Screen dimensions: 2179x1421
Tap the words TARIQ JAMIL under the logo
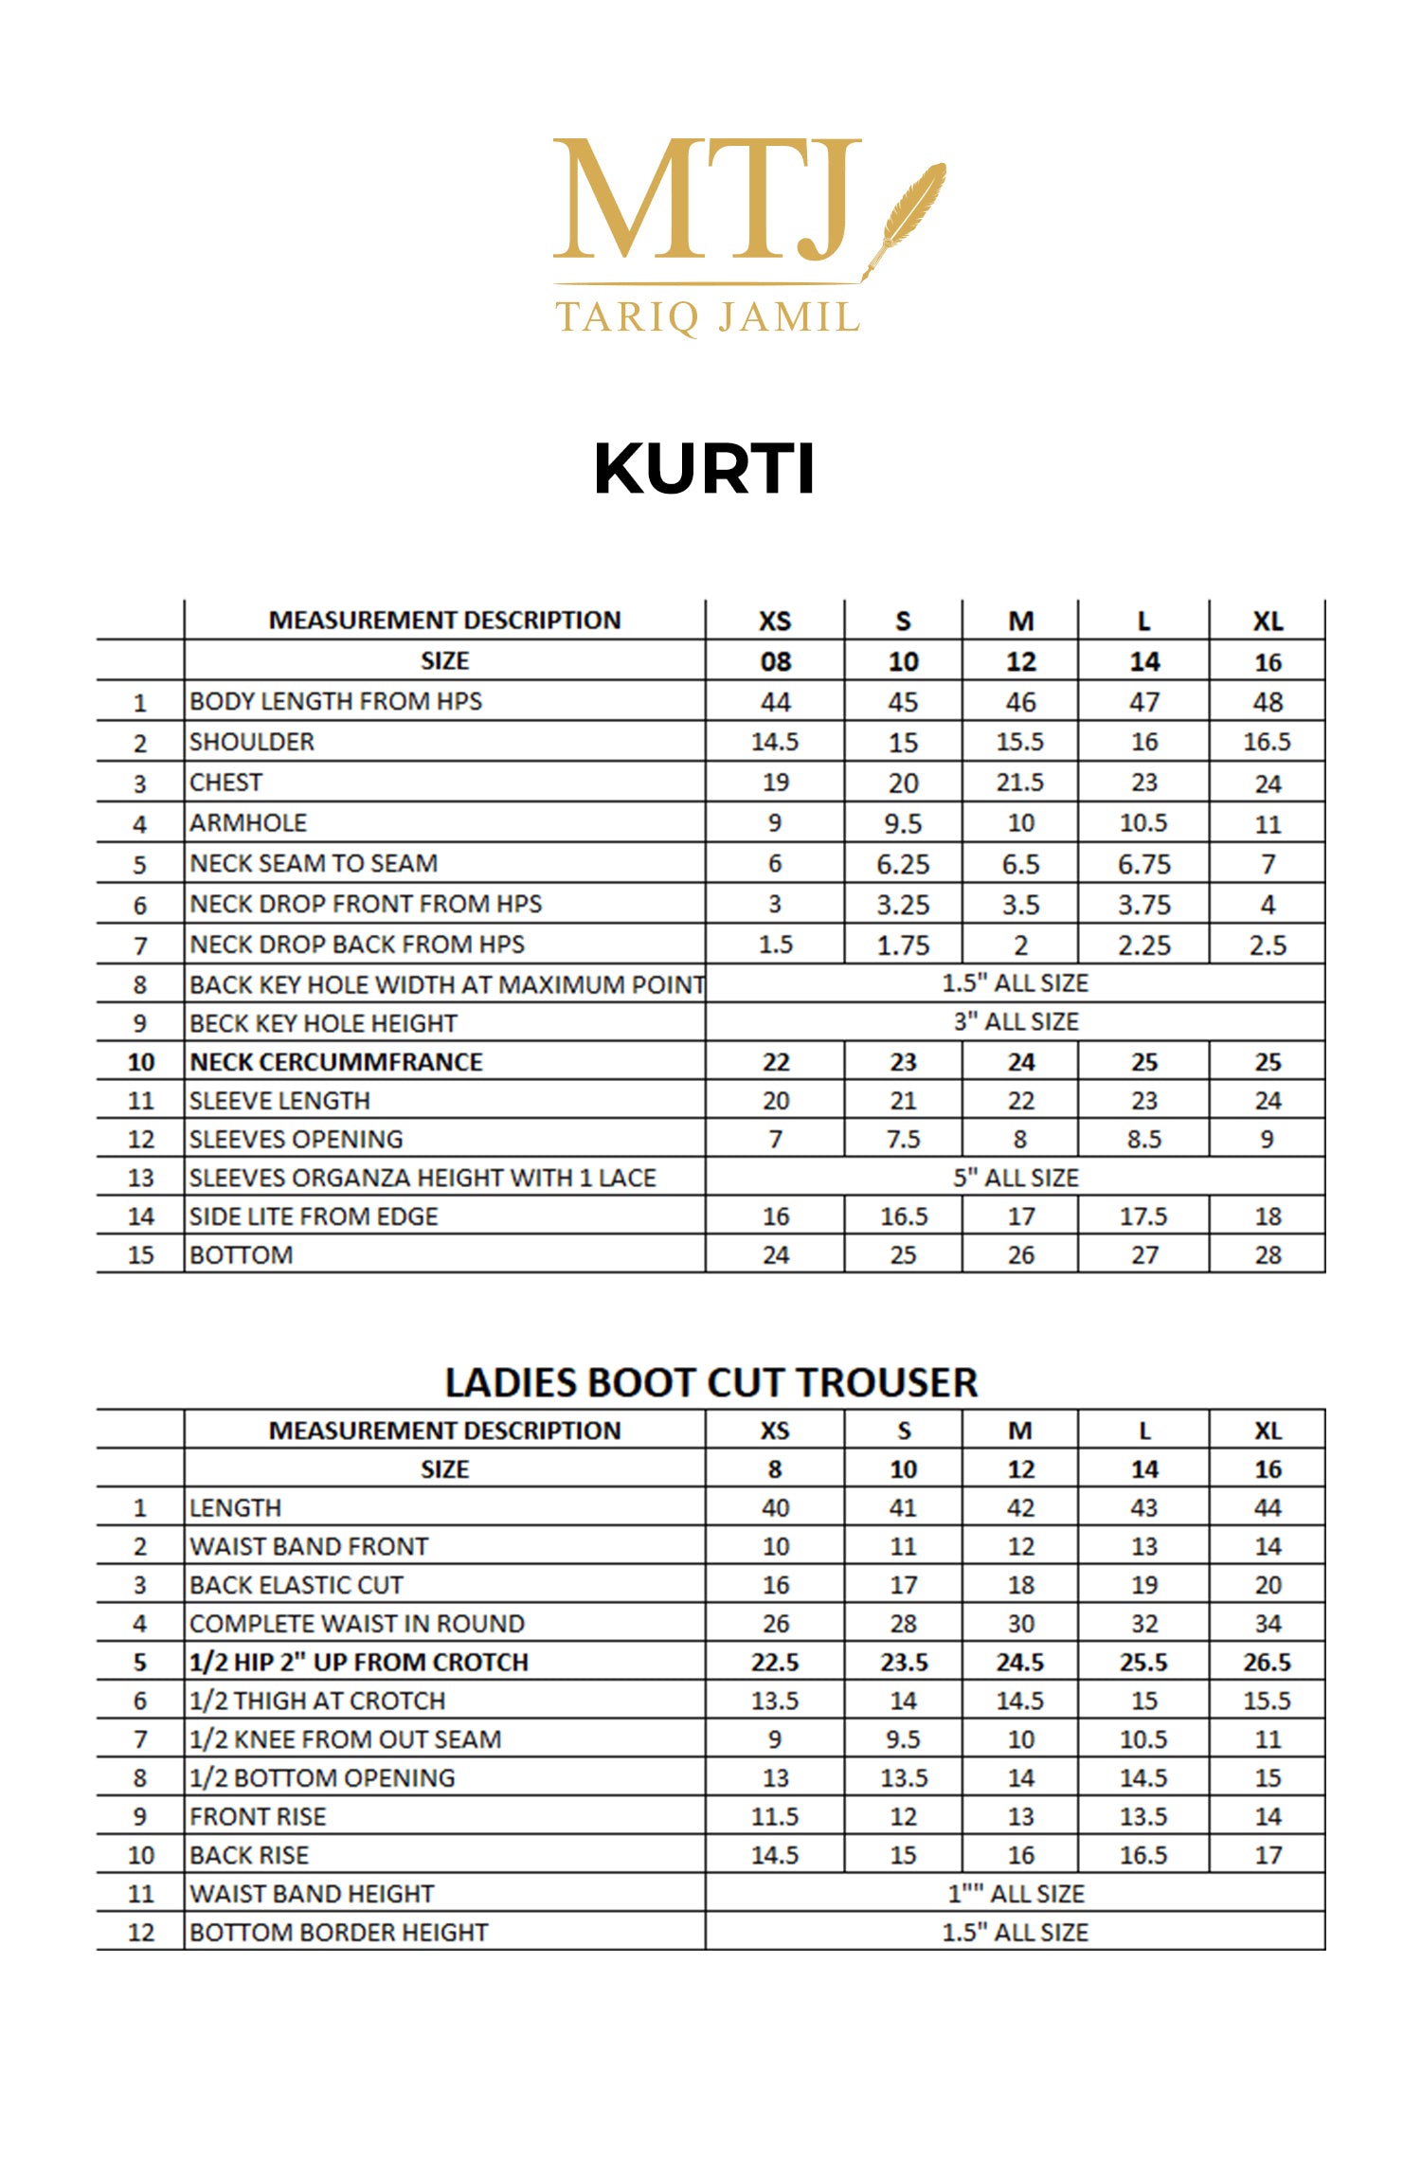[x=707, y=317]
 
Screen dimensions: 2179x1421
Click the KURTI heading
[x=704, y=469]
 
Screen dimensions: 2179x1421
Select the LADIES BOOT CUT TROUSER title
[x=710, y=1382]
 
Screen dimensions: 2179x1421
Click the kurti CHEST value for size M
[x=1019, y=783]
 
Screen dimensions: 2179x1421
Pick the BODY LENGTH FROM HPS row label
[x=335, y=701]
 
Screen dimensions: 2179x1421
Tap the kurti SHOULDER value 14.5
[x=775, y=742]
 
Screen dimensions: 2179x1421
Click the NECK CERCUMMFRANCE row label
[x=336, y=1062]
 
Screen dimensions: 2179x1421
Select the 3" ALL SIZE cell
[x=1016, y=1022]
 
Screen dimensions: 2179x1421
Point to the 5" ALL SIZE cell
[x=1016, y=1178]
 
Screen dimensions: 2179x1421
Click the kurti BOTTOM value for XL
[x=1268, y=1255]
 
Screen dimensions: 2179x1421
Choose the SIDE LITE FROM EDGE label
[x=314, y=1216]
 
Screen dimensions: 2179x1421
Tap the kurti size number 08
[x=775, y=661]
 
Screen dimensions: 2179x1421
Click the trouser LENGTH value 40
[x=775, y=1507]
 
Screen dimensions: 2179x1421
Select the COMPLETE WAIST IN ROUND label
[x=357, y=1623]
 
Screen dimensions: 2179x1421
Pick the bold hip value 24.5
[x=1019, y=1662]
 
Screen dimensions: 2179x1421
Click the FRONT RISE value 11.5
[x=775, y=1816]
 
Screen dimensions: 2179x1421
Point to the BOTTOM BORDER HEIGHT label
[x=338, y=1932]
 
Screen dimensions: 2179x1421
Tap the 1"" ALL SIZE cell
[x=1016, y=1893]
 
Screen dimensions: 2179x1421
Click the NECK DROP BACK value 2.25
[x=1143, y=945]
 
